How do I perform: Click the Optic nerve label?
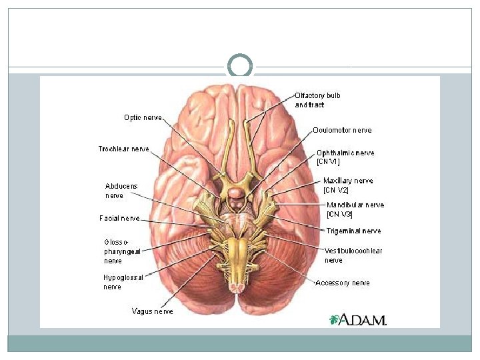click(x=143, y=117)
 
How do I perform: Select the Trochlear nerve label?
click(x=124, y=149)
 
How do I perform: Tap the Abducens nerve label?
click(x=121, y=191)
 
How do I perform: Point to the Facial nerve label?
click(x=120, y=218)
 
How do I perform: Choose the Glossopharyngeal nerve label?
click(x=122, y=251)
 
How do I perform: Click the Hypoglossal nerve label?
click(x=123, y=282)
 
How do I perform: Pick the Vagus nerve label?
click(x=152, y=311)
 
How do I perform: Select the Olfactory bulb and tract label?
click(x=318, y=100)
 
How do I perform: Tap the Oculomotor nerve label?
click(x=342, y=131)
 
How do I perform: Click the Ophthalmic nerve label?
click(x=345, y=157)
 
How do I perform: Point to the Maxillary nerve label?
click(x=348, y=185)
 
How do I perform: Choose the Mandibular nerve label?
click(x=355, y=209)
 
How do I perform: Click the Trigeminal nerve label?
click(x=354, y=231)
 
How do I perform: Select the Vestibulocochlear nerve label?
click(x=353, y=255)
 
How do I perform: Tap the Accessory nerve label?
click(x=343, y=283)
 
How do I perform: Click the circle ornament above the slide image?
click(x=240, y=66)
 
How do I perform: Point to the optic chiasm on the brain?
click(x=236, y=179)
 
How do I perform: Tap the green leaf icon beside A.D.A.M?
click(x=334, y=319)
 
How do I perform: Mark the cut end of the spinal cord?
click(x=236, y=285)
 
